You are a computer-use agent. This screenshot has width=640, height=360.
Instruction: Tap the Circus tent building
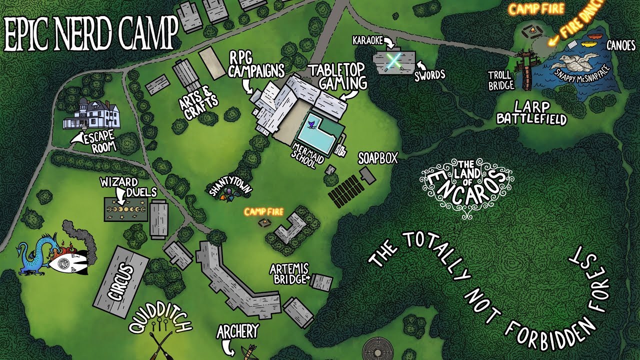pyautogui.click(x=121, y=281)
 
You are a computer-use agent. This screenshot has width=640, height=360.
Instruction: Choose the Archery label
pyautogui.click(x=238, y=331)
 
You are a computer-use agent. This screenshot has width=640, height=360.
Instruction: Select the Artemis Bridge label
pyautogui.click(x=289, y=273)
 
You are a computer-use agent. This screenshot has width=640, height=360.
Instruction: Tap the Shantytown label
pyautogui.click(x=229, y=183)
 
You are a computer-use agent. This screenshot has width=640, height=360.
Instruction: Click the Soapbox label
pyautogui.click(x=377, y=158)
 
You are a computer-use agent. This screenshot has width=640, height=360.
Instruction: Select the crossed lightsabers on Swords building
pyautogui.click(x=394, y=60)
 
